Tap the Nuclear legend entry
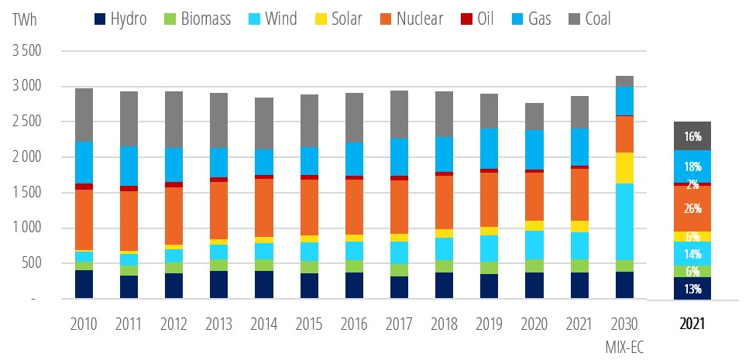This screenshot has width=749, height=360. pyautogui.click(x=408, y=19)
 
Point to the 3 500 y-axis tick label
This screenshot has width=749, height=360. pyautogui.click(x=26, y=51)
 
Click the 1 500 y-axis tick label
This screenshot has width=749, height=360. pyautogui.click(x=26, y=193)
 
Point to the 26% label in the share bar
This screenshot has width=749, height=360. pyautogui.click(x=692, y=208)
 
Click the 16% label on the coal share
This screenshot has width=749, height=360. pyautogui.click(x=692, y=136)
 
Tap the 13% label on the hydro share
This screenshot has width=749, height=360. pyautogui.click(x=692, y=289)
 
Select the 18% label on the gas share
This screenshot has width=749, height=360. pyautogui.click(x=692, y=166)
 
